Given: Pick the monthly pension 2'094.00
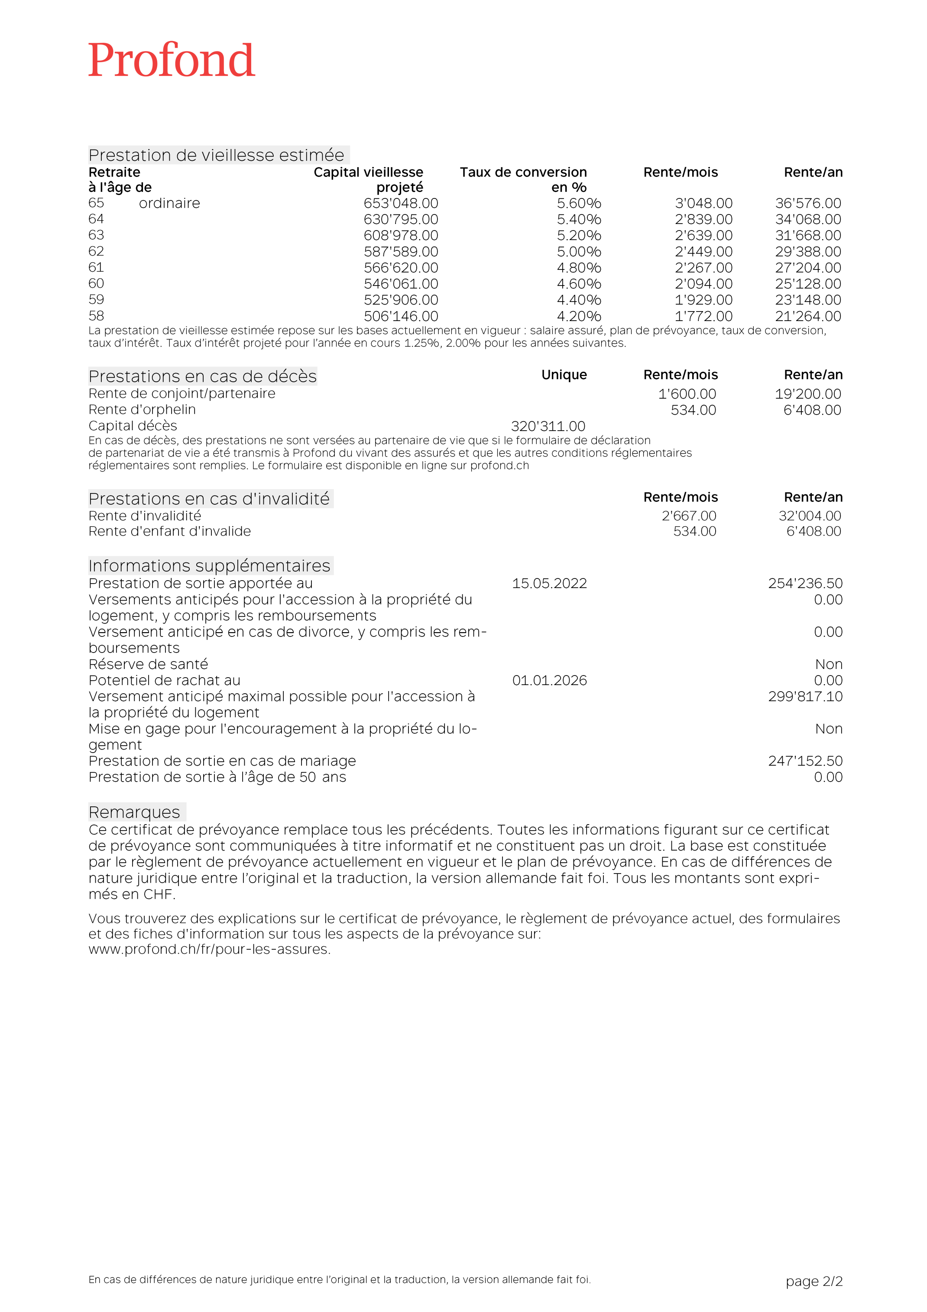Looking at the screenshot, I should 703,284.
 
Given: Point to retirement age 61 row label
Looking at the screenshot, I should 96,267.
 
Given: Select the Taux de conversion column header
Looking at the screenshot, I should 523,179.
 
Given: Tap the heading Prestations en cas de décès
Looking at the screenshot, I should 202,376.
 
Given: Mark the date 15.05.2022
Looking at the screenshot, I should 549,584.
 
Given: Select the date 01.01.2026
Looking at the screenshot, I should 549,681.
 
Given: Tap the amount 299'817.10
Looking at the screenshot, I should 805,697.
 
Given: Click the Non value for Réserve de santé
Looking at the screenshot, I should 829,665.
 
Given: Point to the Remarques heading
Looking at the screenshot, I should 134,812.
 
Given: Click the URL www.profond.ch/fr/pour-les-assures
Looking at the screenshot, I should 209,949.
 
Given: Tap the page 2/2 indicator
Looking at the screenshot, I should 814,1281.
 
